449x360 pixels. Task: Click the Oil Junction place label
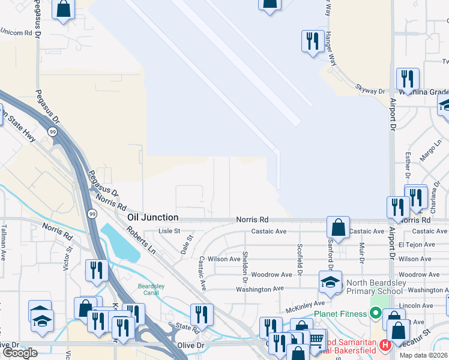pyautogui.click(x=152, y=217)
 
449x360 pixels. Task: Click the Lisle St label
pyautogui.click(x=169, y=231)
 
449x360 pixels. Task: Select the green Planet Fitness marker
pyautogui.click(x=376, y=313)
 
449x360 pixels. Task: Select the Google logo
pyautogui.click(x=20, y=353)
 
